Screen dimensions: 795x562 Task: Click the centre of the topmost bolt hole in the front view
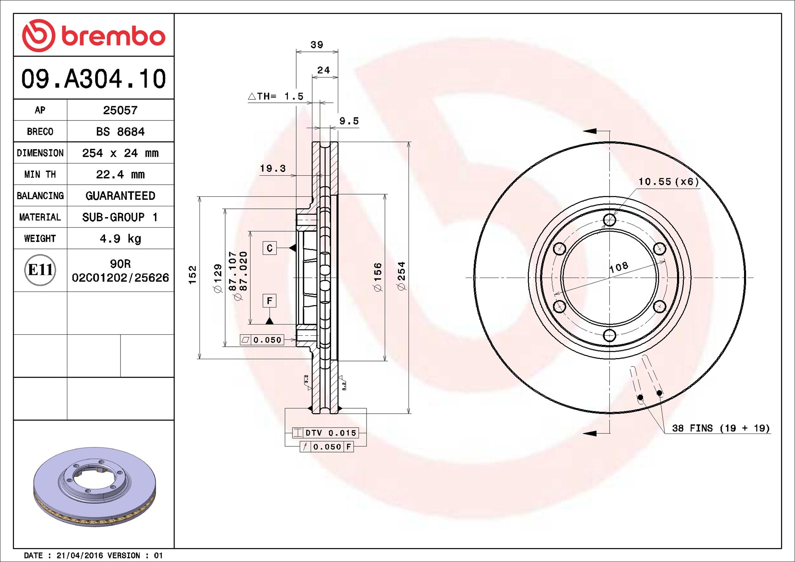[609, 220]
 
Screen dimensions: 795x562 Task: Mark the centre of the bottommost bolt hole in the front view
[609, 335]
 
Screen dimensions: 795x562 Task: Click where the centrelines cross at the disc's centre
[609, 278]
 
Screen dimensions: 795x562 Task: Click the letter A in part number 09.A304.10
[74, 79]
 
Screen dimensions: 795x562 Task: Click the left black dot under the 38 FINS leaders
[640, 397]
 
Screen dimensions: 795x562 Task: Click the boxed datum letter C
[269, 248]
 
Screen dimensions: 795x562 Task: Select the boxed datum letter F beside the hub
[269, 301]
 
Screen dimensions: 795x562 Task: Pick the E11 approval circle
[40, 270]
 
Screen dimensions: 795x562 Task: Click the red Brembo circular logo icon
[38, 36]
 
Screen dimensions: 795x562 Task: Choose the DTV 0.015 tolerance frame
[325, 433]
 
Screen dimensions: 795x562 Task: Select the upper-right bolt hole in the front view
[659, 249]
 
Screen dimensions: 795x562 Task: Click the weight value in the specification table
[120, 239]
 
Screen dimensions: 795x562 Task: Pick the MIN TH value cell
[120, 174]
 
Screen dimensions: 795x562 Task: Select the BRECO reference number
[120, 131]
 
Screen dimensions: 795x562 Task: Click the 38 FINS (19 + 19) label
[721, 428]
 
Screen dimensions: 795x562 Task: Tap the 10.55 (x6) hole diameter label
[668, 182]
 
